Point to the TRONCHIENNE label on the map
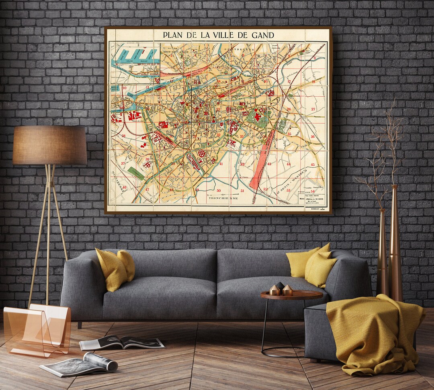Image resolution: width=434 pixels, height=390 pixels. [223, 198]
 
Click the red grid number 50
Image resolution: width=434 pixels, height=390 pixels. [219, 191]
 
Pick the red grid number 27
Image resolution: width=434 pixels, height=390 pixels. [313, 109]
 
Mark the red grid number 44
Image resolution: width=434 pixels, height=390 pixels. [288, 164]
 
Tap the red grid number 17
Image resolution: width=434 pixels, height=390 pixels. [289, 81]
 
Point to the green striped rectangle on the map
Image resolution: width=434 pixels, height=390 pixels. [136, 173]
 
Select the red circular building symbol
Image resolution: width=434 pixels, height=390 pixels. [202, 153]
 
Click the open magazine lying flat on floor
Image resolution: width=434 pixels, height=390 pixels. [122, 343]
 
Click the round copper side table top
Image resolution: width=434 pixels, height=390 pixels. [291, 295]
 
